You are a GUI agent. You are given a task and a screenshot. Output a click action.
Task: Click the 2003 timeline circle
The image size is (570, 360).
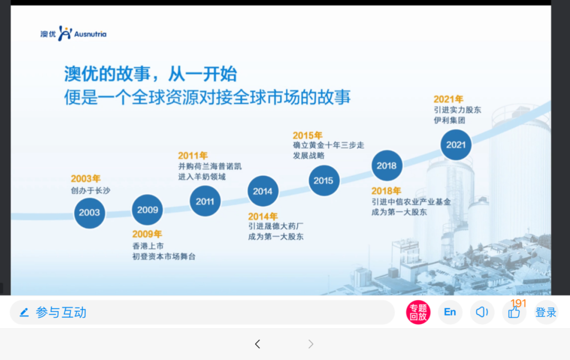tap(89, 213)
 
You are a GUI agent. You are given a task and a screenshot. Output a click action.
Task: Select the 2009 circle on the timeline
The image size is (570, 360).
tap(147, 210)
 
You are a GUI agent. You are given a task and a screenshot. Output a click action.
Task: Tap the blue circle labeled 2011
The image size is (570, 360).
tap(205, 201)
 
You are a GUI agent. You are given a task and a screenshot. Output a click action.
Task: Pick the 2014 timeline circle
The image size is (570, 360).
tap(263, 191)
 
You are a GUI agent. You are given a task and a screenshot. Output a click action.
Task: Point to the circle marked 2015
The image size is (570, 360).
tap(324, 181)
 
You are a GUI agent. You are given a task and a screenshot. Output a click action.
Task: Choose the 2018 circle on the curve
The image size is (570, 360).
tap(387, 166)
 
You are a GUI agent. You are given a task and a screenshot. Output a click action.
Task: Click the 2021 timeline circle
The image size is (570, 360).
tap(456, 145)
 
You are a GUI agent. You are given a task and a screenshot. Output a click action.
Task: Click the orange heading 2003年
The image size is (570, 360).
tap(85, 178)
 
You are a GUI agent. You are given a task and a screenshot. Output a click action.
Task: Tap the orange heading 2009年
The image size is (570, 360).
tap(147, 234)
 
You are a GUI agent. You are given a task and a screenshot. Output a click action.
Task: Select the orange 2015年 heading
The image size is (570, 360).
tap(307, 136)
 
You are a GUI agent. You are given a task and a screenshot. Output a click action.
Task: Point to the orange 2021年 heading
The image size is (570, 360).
tap(448, 99)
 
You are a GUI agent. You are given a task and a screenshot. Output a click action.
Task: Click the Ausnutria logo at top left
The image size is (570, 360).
tap(74, 34)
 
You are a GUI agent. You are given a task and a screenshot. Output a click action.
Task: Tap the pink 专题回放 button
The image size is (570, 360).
tap(418, 312)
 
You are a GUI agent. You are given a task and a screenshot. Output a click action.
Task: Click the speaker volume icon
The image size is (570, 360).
tap(482, 312)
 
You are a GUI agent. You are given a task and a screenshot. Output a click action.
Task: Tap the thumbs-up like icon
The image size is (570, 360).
tap(514, 312)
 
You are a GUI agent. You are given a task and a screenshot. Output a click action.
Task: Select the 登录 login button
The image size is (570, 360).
tap(546, 312)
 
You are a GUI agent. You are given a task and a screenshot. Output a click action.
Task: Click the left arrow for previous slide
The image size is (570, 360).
tap(257, 344)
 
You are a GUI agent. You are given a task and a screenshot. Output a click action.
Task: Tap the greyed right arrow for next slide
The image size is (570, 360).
tap(311, 344)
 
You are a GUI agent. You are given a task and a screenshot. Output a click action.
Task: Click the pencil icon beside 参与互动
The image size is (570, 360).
tap(24, 312)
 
